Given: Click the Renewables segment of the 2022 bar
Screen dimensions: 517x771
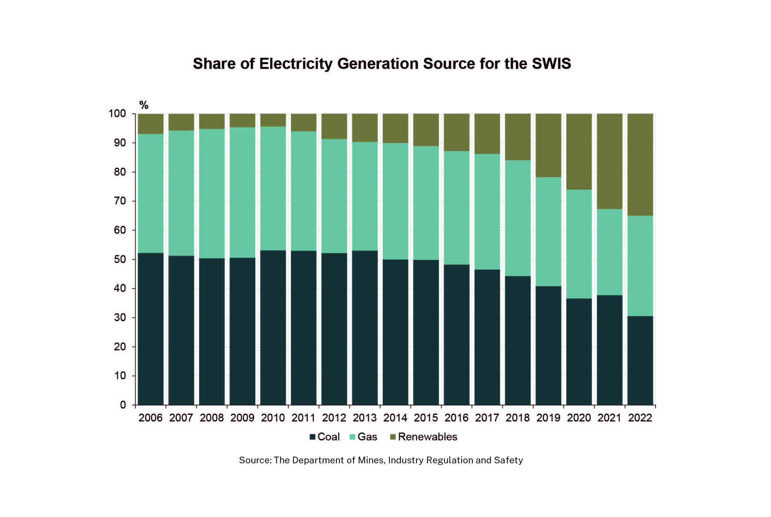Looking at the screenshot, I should coord(640,164).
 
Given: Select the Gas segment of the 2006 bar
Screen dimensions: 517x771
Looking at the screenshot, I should coord(151,193).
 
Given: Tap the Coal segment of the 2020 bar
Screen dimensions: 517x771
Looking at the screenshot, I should coord(579,351).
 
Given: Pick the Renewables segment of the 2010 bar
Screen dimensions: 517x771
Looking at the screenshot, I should coord(273,120).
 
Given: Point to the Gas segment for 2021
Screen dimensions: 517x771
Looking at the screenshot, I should coord(610,252).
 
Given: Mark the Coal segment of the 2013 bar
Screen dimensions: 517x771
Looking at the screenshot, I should coord(365,328).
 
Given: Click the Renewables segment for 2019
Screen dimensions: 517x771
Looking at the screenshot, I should coord(548,145).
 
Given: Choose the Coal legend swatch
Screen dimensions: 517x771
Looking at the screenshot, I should coord(312,437).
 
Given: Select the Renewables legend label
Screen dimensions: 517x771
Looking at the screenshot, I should coord(428,437).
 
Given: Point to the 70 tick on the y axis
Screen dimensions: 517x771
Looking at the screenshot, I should coord(120,201).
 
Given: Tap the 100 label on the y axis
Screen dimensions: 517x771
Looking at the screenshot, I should coord(117,114).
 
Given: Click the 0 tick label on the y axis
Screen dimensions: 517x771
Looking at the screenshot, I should coord(123,405).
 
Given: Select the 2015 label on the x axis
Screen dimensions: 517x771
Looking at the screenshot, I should coord(426,418).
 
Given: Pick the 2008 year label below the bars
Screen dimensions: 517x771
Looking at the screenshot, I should coord(212,418).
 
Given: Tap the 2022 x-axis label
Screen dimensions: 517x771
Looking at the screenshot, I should coord(640,418).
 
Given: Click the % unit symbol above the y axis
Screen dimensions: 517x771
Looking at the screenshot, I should coord(144,105).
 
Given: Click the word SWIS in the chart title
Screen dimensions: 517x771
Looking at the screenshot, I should coord(551,64).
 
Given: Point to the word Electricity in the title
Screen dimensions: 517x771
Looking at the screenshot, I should coord(296,64).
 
